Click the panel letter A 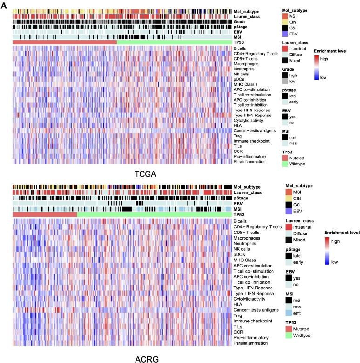coord(4,4)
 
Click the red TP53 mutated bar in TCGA coord(64,42)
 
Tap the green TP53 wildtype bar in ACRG coord(154,214)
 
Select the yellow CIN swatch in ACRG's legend coord(289,198)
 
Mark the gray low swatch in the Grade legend coord(289,82)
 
